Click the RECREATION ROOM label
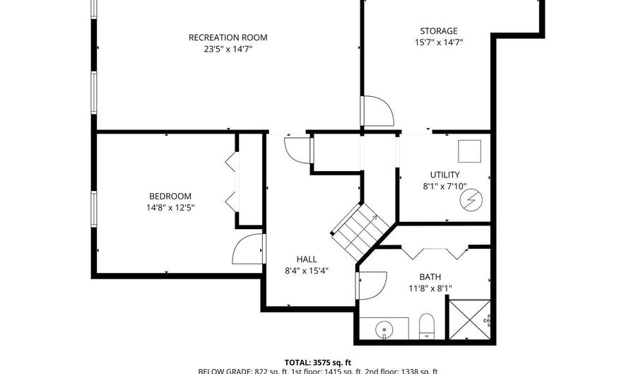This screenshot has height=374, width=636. tap(228, 37)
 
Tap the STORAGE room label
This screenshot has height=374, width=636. tap(439, 31)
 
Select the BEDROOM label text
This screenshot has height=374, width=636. tap(170, 196)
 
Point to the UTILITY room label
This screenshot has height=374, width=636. tap(445, 175)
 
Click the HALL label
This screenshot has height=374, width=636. tap(307, 259)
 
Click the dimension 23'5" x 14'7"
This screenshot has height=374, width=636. tap(228, 49)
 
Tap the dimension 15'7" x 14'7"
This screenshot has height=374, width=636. tap(439, 42)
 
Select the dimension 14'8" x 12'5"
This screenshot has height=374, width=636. tap(170, 207)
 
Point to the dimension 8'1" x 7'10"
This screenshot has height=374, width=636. tap(445, 186)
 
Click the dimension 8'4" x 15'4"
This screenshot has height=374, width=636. tap(307, 270)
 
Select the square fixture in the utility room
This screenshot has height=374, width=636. tap(469, 151)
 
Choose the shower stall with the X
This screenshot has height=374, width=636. tap(470, 320)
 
